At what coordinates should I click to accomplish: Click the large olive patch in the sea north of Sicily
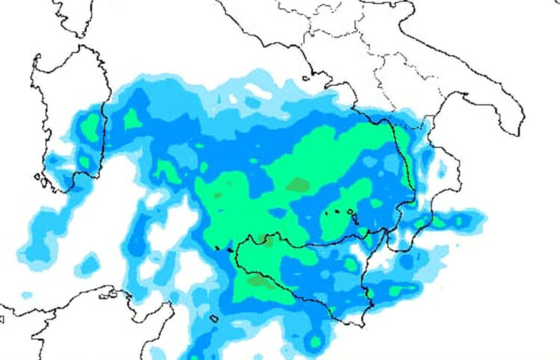(x=298, y=184)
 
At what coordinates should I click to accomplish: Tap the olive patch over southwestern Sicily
(x=259, y=281)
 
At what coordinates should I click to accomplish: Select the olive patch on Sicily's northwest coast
(x=265, y=240)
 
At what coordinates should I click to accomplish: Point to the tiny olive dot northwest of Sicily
(x=217, y=194)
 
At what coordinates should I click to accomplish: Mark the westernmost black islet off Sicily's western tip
(x=216, y=247)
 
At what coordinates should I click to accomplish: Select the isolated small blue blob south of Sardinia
(x=90, y=263)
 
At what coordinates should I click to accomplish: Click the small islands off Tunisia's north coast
(x=112, y=294)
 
